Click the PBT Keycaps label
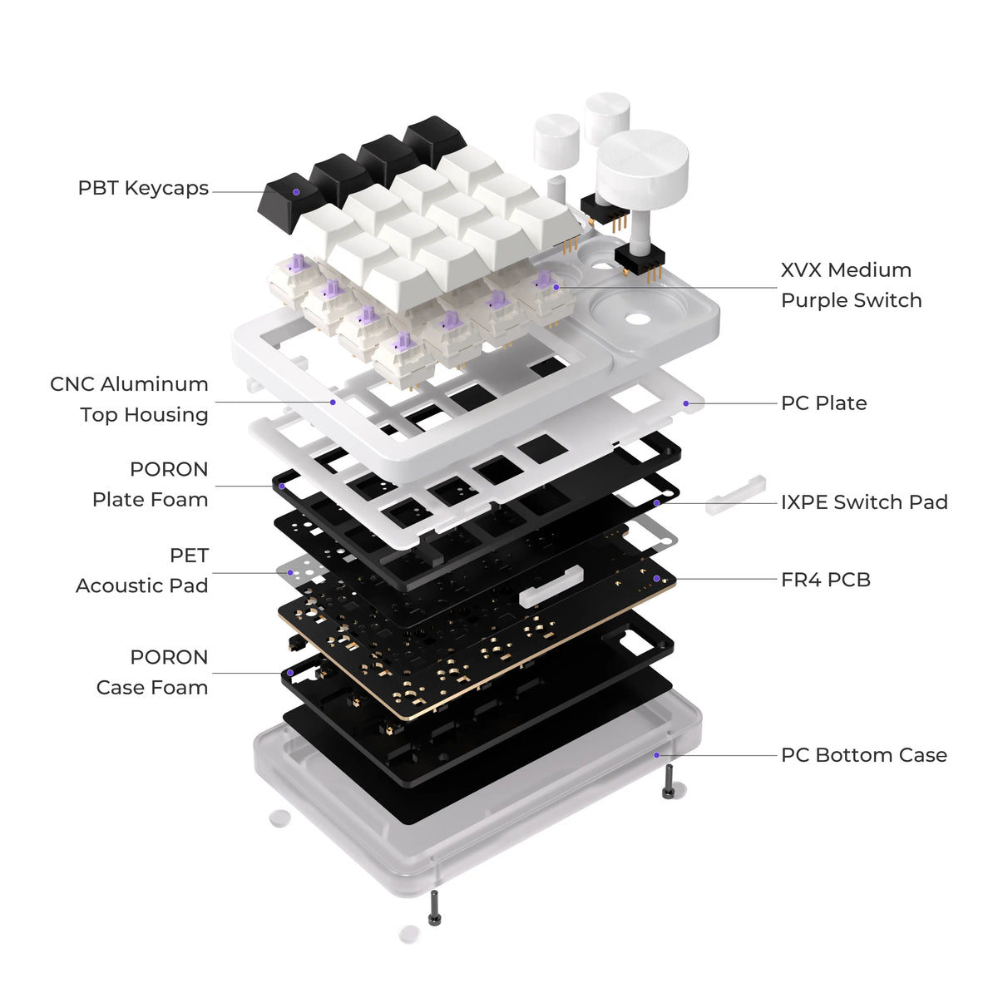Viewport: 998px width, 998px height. [143, 189]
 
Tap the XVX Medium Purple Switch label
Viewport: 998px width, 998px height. [851, 285]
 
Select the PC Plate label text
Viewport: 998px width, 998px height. [823, 403]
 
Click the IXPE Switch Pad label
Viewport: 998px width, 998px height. [864, 501]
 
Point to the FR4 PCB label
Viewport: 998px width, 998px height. [826, 580]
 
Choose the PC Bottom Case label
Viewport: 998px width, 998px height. [864, 754]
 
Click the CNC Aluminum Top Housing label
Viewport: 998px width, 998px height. [130, 399]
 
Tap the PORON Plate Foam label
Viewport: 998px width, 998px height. [151, 484]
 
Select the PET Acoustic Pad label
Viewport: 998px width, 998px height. [142, 571]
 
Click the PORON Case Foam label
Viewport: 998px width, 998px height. [152, 672]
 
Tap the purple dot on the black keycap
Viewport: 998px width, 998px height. [296, 192]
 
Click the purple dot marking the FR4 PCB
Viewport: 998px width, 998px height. [657, 579]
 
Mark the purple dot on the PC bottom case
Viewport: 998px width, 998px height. [657, 755]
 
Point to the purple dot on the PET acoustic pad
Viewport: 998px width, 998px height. [290, 573]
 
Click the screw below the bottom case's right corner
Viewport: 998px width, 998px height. [668, 783]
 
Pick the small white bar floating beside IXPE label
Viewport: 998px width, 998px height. [735, 495]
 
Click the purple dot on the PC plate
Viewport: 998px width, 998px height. [685, 403]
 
